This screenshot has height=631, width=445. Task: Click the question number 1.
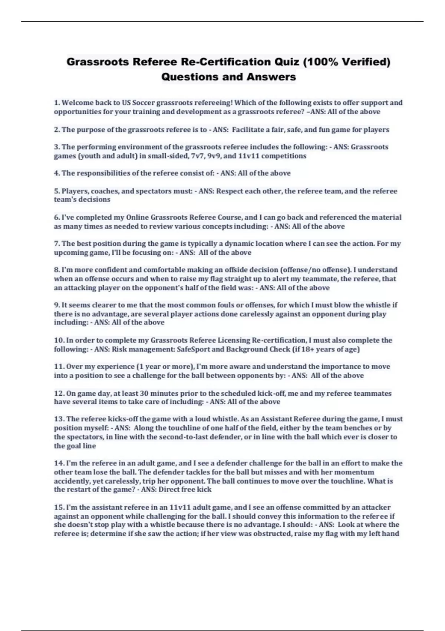pyautogui.click(x=57, y=102)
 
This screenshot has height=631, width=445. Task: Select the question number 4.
pyautogui.click(x=57, y=173)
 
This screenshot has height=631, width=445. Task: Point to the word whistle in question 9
pyautogui.click(x=378, y=305)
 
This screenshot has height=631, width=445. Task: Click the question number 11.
pyautogui.click(x=59, y=367)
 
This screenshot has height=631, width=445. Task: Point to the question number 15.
pyautogui.click(x=59, y=507)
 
